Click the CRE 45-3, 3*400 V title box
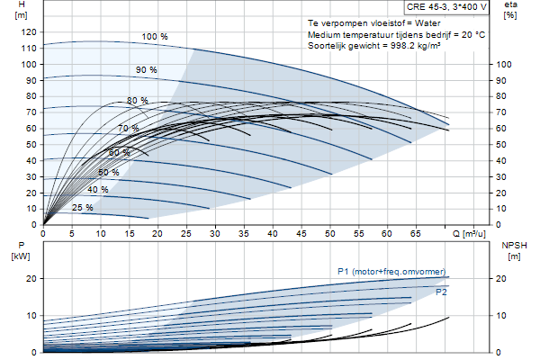(446, 7)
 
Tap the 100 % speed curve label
(155, 37)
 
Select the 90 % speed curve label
(147, 70)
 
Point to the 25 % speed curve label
(82, 207)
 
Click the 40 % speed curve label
(98, 190)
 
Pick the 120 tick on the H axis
(29, 32)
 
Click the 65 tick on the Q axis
(415, 234)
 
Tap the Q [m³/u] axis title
(469, 234)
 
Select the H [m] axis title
(21, 10)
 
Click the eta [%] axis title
(510, 10)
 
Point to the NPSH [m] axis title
(514, 251)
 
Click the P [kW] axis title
(21, 251)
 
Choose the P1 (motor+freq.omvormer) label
(391, 272)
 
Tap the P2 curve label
(441, 292)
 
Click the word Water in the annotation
(427, 23)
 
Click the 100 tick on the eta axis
(503, 65)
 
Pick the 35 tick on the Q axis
(244, 234)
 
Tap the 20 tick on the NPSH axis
(501, 279)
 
